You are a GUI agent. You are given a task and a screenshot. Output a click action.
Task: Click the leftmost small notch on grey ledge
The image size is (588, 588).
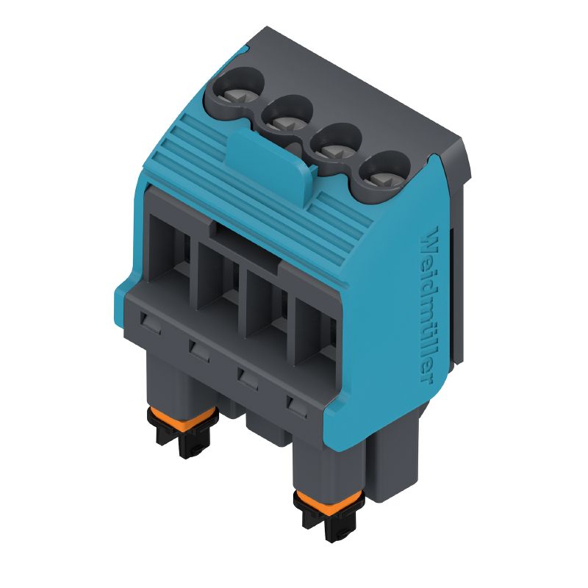pos(151,320)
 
